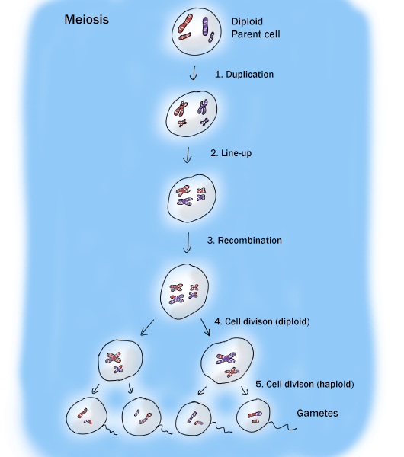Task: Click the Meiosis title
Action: pos(86,20)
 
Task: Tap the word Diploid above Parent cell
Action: pos(247,21)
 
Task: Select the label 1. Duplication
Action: pos(244,75)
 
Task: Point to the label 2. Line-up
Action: pos(231,153)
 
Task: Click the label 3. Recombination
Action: pos(245,241)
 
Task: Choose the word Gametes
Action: pos(317,413)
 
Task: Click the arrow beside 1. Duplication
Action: pos(194,73)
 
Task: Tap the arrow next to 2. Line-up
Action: pos(188,155)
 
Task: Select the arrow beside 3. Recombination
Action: pos(188,242)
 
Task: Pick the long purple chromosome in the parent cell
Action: pos(205,26)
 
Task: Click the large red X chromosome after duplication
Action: pos(181,108)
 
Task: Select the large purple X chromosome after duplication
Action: pos(203,107)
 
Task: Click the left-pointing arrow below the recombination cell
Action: pos(147,328)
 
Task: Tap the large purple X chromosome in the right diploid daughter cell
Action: pos(226,358)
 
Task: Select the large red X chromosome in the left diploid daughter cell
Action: pos(114,358)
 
